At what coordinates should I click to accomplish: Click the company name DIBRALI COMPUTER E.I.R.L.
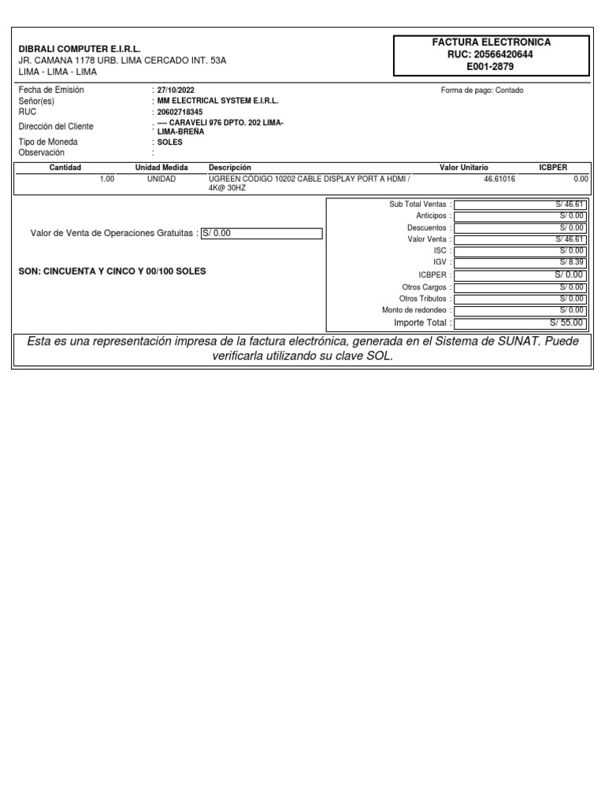pos(80,49)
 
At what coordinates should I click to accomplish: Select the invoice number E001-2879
pos(491,66)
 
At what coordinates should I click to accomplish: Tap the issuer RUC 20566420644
pos(491,54)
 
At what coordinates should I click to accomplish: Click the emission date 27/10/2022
pos(176,91)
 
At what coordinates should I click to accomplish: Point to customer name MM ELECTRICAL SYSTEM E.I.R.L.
pos(218,102)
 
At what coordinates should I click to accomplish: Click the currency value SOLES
pos(170,142)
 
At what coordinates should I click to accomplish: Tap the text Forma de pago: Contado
pos(482,91)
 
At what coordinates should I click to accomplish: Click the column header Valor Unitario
pos(463,168)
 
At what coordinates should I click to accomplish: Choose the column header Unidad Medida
pos(161,168)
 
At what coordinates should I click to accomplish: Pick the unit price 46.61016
pos(499,179)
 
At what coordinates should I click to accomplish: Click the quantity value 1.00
pos(107,179)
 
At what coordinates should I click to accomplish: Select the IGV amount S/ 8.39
pos(572,262)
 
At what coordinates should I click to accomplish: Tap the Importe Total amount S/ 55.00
pos(566,323)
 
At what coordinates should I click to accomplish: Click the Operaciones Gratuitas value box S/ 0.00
pos(262,233)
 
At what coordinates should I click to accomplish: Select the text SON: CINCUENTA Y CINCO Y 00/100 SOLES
pos(112,271)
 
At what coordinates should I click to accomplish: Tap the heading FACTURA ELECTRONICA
pos(491,42)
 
